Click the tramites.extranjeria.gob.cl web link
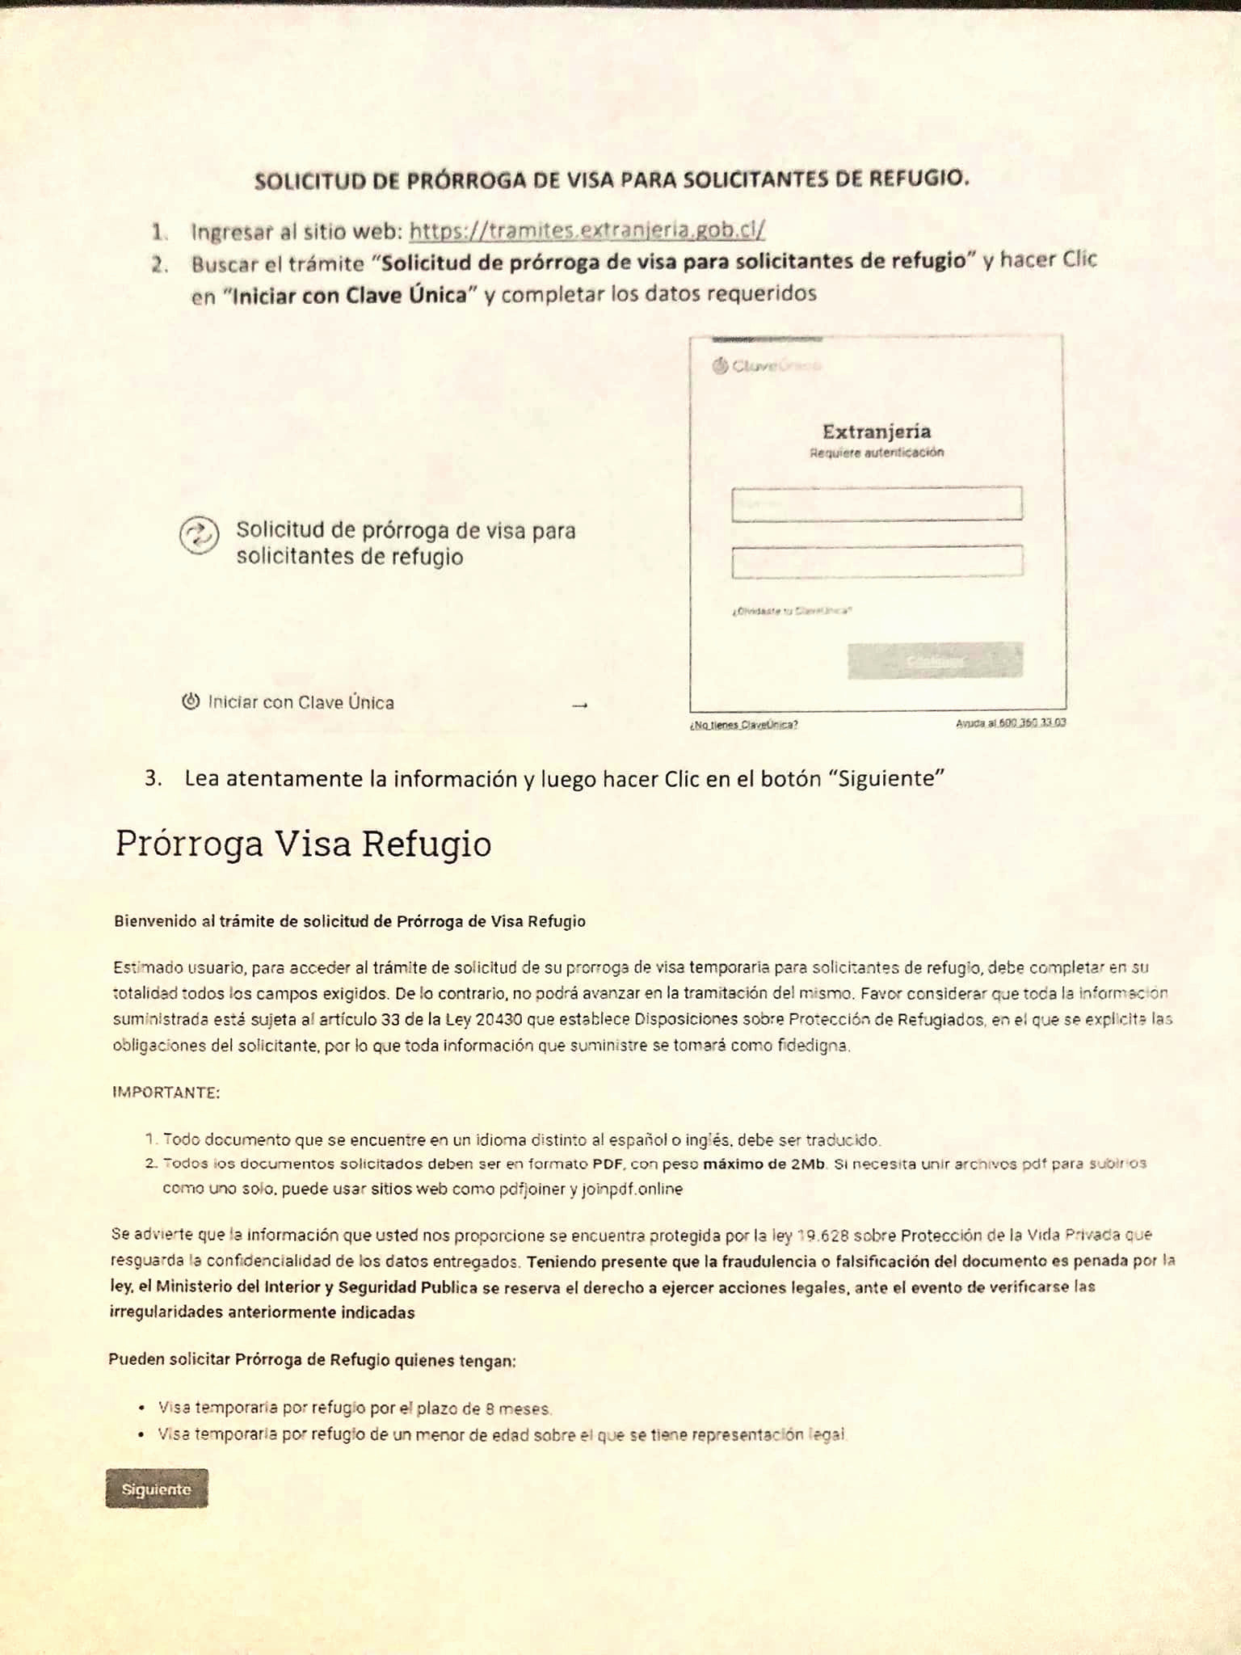click(587, 230)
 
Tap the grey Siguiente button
click(156, 1489)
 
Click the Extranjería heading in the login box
click(877, 432)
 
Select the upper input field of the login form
click(877, 504)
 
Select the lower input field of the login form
click(877, 562)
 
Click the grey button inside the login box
click(935, 660)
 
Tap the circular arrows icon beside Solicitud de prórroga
click(199, 535)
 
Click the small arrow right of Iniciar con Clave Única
click(579, 705)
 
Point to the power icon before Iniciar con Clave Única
click(191, 701)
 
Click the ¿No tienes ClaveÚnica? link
click(743, 725)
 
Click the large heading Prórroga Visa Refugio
click(303, 844)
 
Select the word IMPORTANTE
click(166, 1093)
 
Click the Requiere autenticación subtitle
click(877, 453)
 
